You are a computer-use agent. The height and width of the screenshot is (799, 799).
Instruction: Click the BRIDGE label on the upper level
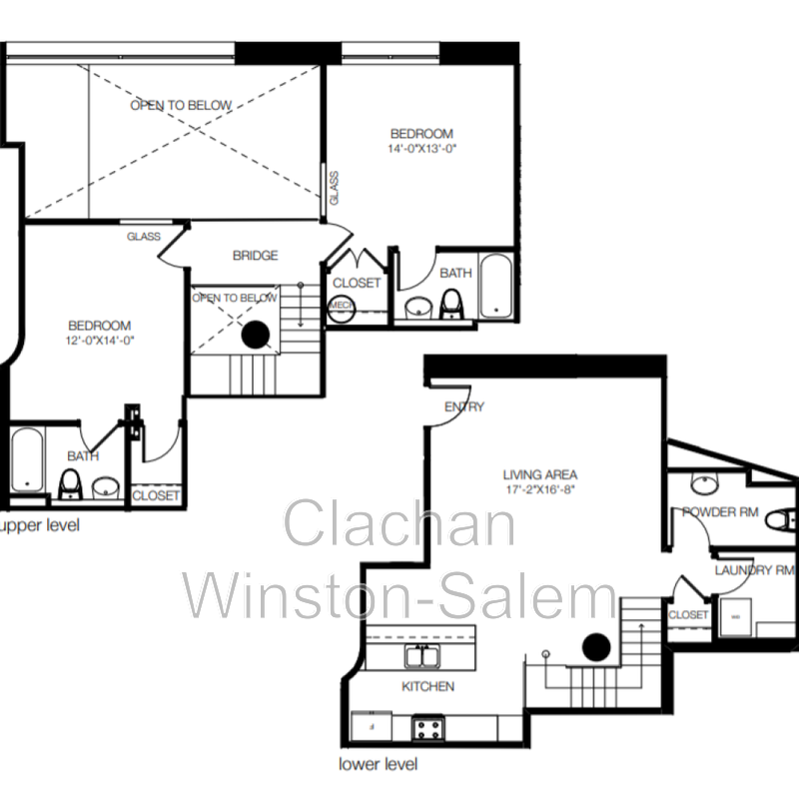(x=255, y=256)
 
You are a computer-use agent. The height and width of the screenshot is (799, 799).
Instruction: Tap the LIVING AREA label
(x=540, y=475)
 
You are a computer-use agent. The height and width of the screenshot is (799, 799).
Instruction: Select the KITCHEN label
(x=427, y=686)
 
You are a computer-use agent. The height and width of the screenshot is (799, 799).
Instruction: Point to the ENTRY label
(x=464, y=406)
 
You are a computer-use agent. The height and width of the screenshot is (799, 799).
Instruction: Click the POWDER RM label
(x=720, y=512)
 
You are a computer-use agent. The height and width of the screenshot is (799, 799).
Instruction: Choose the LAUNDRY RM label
(x=754, y=570)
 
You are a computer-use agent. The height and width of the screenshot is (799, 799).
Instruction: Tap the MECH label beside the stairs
(x=341, y=304)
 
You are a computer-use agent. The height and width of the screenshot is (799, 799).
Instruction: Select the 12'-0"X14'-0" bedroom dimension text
(x=100, y=340)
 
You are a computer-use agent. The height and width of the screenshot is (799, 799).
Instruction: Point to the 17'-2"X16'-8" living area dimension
(x=540, y=490)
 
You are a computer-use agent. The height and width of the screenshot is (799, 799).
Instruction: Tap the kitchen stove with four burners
(x=428, y=726)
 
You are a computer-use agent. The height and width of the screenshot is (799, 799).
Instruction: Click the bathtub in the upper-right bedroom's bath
(x=496, y=288)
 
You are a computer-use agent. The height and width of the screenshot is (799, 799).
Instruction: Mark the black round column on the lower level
(x=596, y=647)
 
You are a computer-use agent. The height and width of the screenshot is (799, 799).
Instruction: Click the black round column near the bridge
(x=256, y=335)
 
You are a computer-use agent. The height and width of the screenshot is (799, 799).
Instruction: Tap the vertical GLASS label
(x=334, y=188)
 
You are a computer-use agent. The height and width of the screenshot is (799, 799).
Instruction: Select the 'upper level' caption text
(x=40, y=524)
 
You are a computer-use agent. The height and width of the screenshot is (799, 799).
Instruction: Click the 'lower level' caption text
(x=379, y=765)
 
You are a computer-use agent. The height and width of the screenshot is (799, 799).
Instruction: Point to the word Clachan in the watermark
(x=399, y=525)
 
